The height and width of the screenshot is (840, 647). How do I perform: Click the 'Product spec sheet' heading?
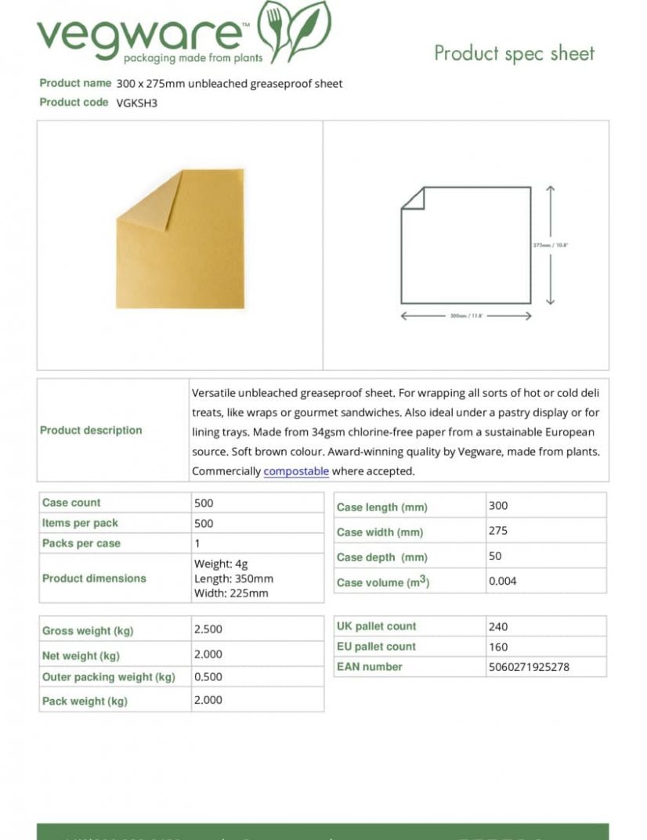click(x=514, y=53)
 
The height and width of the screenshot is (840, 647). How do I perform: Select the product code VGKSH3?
click(x=137, y=103)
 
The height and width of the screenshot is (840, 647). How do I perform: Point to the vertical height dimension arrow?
click(x=551, y=245)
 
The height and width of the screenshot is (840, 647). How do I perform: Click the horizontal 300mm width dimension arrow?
click(x=466, y=316)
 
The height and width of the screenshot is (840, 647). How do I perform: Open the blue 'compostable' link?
click(x=296, y=471)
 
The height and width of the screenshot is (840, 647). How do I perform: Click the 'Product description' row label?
click(x=91, y=430)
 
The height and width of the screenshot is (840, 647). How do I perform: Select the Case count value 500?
click(x=204, y=503)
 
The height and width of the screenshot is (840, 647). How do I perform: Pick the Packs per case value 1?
click(x=197, y=543)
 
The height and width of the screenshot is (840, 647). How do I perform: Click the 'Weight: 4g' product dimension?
click(x=221, y=564)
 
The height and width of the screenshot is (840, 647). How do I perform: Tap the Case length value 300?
click(x=498, y=506)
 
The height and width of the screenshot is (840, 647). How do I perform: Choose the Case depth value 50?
click(x=495, y=556)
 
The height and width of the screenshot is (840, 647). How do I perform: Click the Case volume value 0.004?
click(x=503, y=581)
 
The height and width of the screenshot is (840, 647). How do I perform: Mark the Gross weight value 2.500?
click(x=208, y=629)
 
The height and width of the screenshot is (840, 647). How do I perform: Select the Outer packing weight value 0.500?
click(x=208, y=676)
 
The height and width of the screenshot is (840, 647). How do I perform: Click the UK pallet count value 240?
click(x=498, y=626)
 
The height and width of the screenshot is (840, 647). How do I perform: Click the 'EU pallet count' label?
click(x=376, y=647)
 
